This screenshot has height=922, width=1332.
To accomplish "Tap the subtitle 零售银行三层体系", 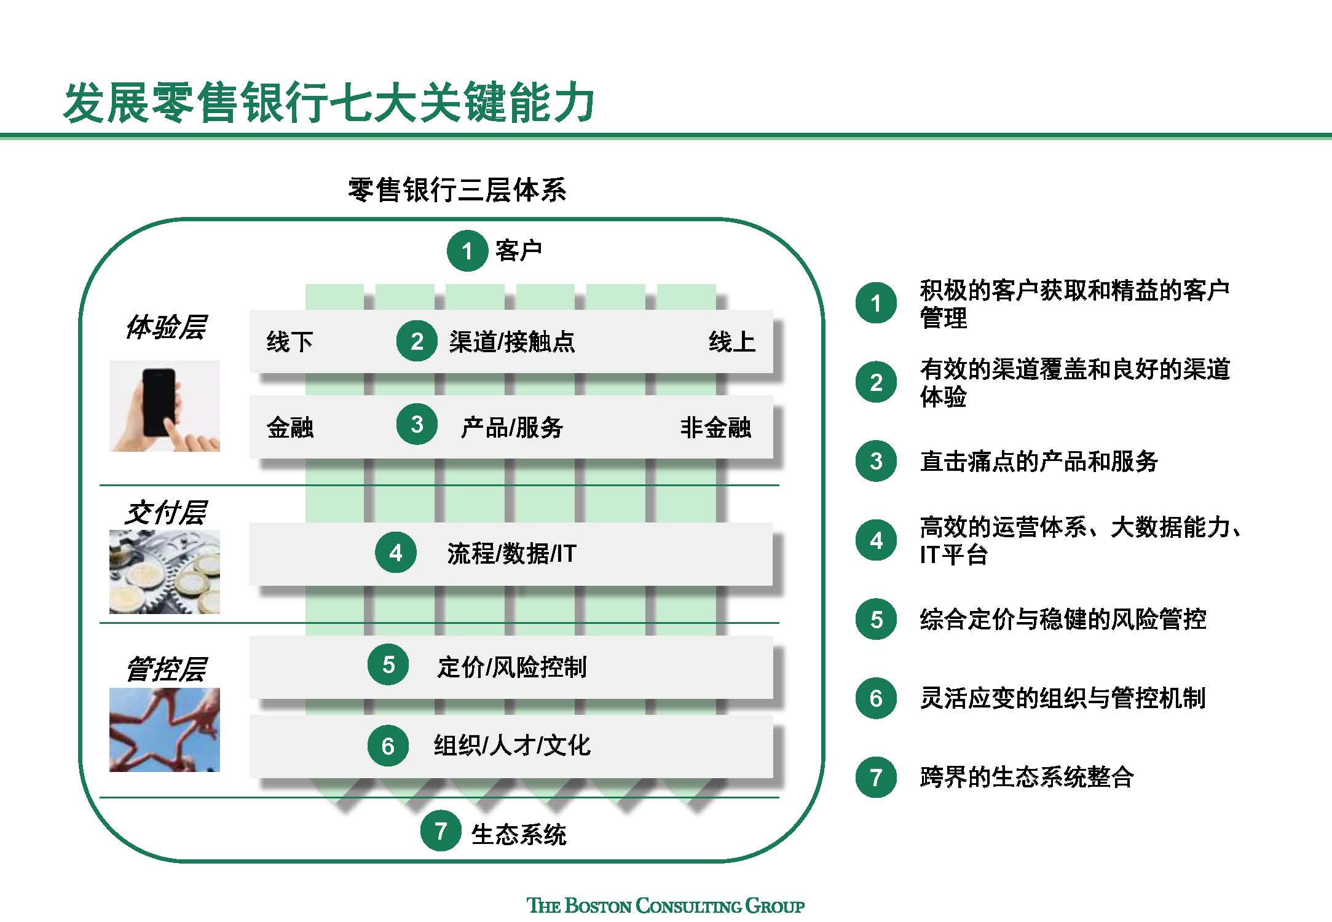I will pyautogui.click(x=457, y=189).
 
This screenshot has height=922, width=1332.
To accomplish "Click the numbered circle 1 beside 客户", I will pyautogui.click(x=467, y=251).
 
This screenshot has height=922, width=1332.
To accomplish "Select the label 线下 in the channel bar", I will pyautogui.click(x=290, y=342).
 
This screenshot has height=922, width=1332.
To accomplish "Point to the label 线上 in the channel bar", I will pyautogui.click(x=731, y=342).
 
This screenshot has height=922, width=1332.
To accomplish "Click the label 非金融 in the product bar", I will pyautogui.click(x=715, y=427).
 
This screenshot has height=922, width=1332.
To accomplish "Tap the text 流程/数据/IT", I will pyautogui.click(x=511, y=554).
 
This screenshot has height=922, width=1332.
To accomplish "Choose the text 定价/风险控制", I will pyautogui.click(x=511, y=667).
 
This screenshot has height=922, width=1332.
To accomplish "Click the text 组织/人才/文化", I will pyautogui.click(x=511, y=746).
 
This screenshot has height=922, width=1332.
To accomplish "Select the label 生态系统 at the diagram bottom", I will pyautogui.click(x=518, y=834).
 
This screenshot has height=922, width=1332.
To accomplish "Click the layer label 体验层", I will pyautogui.click(x=165, y=327).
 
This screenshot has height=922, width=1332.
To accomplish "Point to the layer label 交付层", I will pyautogui.click(x=165, y=513).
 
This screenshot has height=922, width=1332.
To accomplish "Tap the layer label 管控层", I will pyautogui.click(x=165, y=669).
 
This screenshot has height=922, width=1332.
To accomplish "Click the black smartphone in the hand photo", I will pyautogui.click(x=159, y=401).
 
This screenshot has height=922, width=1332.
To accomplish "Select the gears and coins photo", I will pyautogui.click(x=164, y=572).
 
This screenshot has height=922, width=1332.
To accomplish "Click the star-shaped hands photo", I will pyautogui.click(x=164, y=730).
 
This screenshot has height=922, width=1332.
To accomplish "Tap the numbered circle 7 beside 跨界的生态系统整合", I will pyautogui.click(x=876, y=778).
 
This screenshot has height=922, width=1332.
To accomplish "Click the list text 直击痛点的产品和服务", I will pyautogui.click(x=1038, y=461).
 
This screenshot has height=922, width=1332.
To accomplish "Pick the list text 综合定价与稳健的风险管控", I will pyautogui.click(x=1062, y=619).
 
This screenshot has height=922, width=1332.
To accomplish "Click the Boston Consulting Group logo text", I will pyautogui.click(x=666, y=905).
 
